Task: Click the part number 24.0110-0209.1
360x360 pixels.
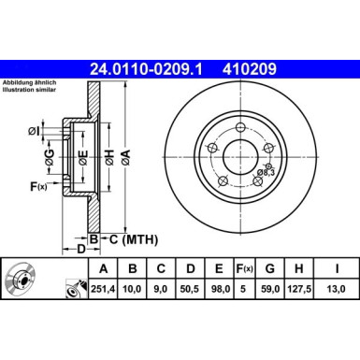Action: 146,69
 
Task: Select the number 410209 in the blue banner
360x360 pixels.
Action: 250,69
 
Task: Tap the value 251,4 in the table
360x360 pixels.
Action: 103,289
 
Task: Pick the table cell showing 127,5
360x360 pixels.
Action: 298,289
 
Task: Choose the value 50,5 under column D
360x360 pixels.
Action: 190,289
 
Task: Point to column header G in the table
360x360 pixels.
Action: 269,268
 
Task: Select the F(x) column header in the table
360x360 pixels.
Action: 244,268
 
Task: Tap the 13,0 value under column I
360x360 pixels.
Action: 336,289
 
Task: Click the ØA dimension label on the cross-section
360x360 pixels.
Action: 125,157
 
